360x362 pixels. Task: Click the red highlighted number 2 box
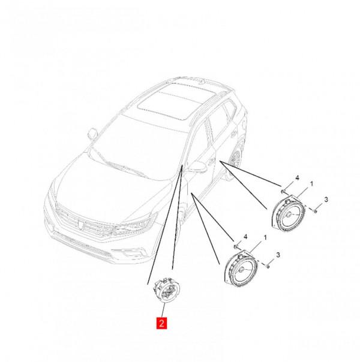point(161,323)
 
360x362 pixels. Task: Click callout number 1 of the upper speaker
point(311,184)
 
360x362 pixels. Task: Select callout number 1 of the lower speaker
point(265,237)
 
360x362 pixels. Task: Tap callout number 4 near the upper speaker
point(297,178)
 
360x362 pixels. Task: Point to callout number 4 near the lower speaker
point(245,237)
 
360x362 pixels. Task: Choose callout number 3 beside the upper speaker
point(326,200)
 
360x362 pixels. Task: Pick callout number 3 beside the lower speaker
point(278,255)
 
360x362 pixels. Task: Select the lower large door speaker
point(241,269)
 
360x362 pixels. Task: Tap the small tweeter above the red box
point(167,290)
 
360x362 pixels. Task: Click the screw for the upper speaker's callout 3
point(315,211)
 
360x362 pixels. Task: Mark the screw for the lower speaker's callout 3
point(268,267)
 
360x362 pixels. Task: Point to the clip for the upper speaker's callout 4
point(283,191)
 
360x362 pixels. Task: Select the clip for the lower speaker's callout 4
point(236,247)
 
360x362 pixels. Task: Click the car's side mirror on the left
point(92,134)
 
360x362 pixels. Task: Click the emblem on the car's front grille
point(80,225)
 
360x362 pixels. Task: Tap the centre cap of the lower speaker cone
point(241,270)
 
